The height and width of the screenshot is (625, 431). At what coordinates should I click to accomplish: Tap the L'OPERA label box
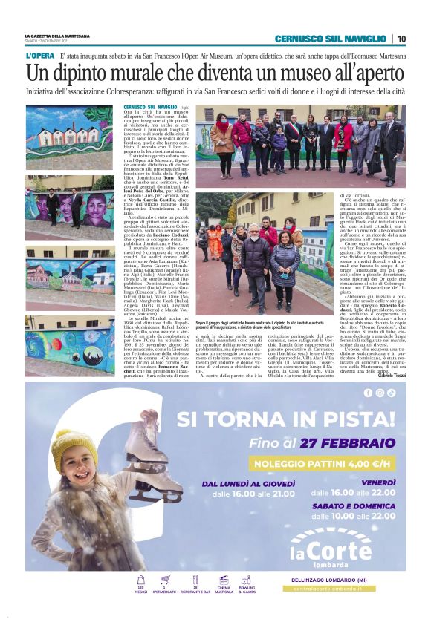(39, 56)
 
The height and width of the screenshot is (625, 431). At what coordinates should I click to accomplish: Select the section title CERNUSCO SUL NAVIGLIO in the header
(331, 39)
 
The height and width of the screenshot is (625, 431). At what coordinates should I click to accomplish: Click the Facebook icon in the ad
(368, 393)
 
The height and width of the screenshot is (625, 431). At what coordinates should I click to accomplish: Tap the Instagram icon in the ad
(379, 393)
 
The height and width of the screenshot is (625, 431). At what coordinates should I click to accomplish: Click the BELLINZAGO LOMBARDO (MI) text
(331, 580)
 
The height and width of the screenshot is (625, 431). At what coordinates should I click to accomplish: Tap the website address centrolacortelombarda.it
(331, 589)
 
